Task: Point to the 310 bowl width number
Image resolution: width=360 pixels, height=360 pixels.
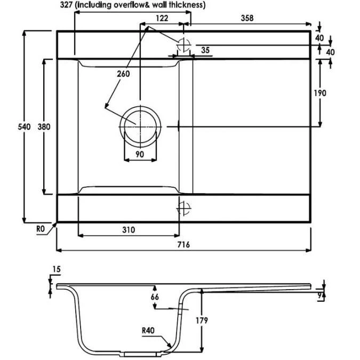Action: point(127,230)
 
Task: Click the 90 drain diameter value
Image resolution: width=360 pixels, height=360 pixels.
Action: point(140,154)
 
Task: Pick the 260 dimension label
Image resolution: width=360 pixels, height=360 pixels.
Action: point(123,74)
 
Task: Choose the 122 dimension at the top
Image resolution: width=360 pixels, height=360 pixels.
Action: point(162,18)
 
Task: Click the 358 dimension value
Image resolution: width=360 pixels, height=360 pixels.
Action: point(246,18)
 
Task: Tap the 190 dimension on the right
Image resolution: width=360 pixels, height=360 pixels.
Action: point(320,93)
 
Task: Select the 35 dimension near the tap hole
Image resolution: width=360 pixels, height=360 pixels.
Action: point(205,51)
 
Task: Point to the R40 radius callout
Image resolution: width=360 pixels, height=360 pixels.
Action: point(148,330)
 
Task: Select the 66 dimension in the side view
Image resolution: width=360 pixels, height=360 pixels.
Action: point(155,297)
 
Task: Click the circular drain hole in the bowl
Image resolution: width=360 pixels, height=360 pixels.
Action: point(140,126)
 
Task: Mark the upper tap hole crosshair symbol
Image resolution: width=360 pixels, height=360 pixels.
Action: point(183,43)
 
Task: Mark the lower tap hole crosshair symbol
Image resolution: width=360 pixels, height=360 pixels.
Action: point(183,207)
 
